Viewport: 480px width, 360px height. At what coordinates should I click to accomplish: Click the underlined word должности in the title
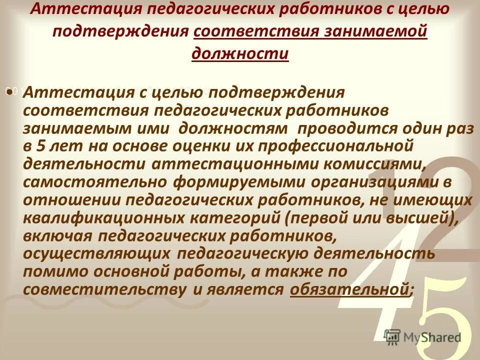pos(240,53)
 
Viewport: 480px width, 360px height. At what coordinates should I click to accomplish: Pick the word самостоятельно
pos(95,182)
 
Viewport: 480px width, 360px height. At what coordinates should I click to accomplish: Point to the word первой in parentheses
pos(344,218)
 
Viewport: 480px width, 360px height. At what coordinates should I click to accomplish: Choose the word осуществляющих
pos(95,253)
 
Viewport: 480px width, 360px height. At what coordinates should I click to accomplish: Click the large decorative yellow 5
pos(440,315)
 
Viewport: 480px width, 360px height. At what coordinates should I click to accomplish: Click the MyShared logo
pos(422,336)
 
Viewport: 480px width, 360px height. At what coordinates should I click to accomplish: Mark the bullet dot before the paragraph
pos(9,92)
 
